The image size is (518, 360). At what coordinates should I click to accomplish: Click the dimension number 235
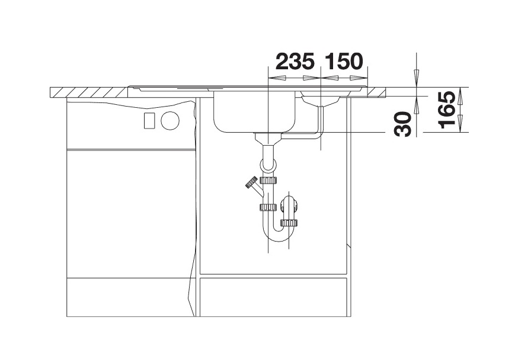295,62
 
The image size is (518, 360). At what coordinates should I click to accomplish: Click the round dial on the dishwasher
171,120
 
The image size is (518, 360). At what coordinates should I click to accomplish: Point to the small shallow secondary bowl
320,99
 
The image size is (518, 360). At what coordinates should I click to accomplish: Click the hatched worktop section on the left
89,92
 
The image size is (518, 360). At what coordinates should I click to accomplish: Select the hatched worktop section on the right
378,92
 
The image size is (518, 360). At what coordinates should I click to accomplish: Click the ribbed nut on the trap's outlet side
289,223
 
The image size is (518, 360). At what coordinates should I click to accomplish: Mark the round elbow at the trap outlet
289,205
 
